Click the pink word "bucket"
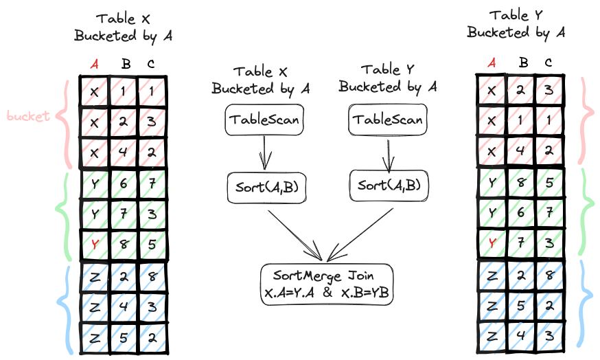point(28,116)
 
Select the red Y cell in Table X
point(95,245)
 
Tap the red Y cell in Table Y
point(492,243)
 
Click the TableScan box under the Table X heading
point(264,120)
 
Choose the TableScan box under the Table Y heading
point(388,120)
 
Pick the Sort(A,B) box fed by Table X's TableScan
point(267,188)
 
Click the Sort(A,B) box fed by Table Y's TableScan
point(389,185)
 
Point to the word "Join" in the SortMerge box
point(361,275)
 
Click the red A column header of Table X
point(95,64)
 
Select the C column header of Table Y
point(549,63)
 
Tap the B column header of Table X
point(126,64)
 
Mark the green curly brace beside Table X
point(63,216)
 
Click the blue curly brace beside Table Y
point(585,302)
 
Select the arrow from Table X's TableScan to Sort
point(264,153)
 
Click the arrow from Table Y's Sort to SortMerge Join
point(360,235)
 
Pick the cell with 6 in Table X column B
point(123,184)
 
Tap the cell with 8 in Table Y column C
point(549,275)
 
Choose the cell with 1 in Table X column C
point(152,91)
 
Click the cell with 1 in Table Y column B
point(520,121)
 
